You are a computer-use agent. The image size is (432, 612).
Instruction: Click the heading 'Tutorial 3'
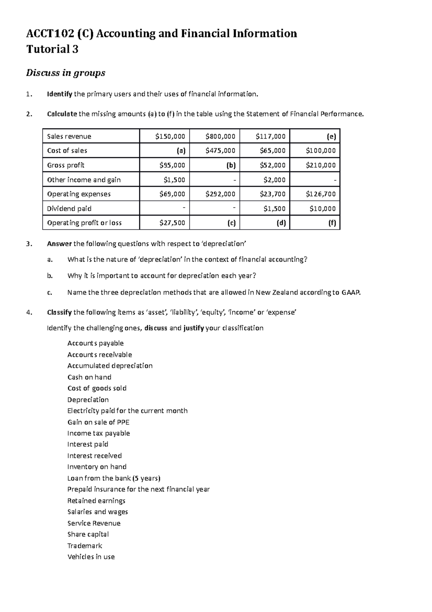click(52, 49)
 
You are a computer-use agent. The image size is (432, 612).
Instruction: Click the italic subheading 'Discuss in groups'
click(66, 73)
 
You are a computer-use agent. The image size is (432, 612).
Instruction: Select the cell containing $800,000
click(220, 136)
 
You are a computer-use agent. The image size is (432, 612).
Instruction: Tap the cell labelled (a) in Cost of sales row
click(181, 151)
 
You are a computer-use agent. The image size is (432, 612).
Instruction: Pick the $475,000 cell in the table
click(220, 151)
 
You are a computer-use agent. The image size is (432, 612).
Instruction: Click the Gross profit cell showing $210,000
click(320, 165)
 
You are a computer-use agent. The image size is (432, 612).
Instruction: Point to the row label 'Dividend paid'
click(69, 208)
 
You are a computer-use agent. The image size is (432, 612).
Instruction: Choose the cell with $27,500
click(172, 223)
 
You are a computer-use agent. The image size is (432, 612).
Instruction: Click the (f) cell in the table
click(332, 223)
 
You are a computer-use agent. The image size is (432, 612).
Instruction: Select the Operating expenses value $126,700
click(320, 194)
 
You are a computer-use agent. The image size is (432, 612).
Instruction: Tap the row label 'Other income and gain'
click(84, 179)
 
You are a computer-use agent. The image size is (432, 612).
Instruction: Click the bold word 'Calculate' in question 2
click(62, 114)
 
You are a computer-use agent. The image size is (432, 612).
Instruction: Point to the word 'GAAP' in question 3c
click(350, 292)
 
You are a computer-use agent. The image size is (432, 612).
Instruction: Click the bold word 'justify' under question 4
click(193, 328)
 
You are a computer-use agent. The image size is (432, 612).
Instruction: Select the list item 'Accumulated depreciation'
click(110, 365)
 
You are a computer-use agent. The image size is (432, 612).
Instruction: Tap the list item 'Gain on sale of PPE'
click(98, 422)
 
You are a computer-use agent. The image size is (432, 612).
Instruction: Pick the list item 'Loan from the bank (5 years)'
click(114, 478)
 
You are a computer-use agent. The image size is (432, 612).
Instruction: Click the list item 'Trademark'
click(85, 546)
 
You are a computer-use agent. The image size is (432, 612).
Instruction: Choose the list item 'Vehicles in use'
click(91, 557)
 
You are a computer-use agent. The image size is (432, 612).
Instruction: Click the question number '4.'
click(29, 312)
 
